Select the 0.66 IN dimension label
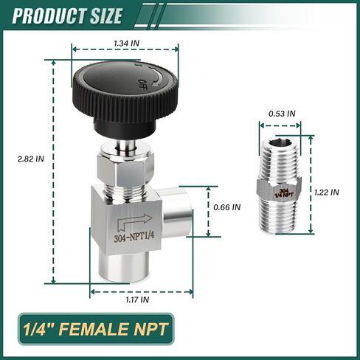tap(226, 208)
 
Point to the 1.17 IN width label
tap(136, 300)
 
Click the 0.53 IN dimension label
tap(281, 114)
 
